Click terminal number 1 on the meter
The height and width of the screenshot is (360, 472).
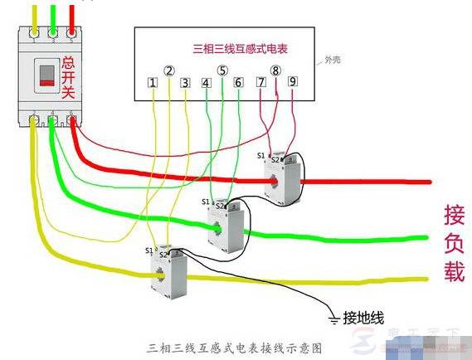(x=153, y=83)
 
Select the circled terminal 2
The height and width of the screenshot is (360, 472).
(x=169, y=71)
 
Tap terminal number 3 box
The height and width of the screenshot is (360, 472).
(x=185, y=83)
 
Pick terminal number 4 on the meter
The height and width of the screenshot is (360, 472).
(x=206, y=83)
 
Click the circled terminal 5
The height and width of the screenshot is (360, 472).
(x=222, y=71)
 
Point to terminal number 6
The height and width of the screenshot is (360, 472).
(x=238, y=83)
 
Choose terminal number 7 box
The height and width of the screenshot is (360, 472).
(x=260, y=83)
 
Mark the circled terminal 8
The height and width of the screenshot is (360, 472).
(x=275, y=71)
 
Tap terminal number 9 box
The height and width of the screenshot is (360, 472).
(x=292, y=83)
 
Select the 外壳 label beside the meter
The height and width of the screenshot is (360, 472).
(x=332, y=61)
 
